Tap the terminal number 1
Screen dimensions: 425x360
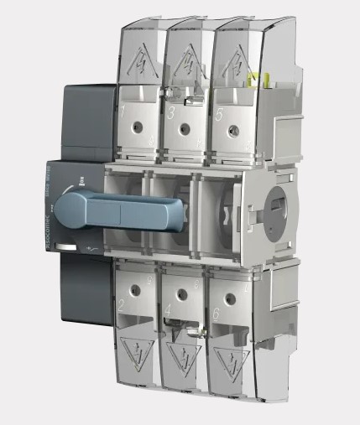point(123,111)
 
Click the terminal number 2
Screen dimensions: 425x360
point(123,317)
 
